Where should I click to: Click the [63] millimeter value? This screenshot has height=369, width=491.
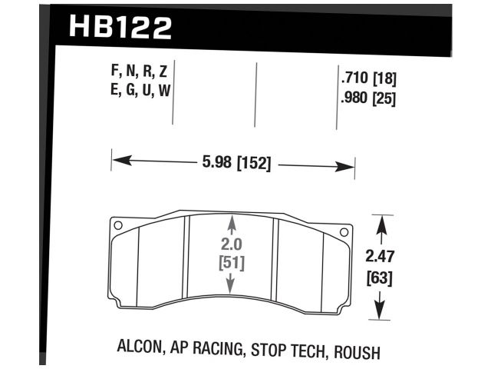[x=380, y=278]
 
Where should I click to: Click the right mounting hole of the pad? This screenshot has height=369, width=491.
[x=343, y=231]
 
